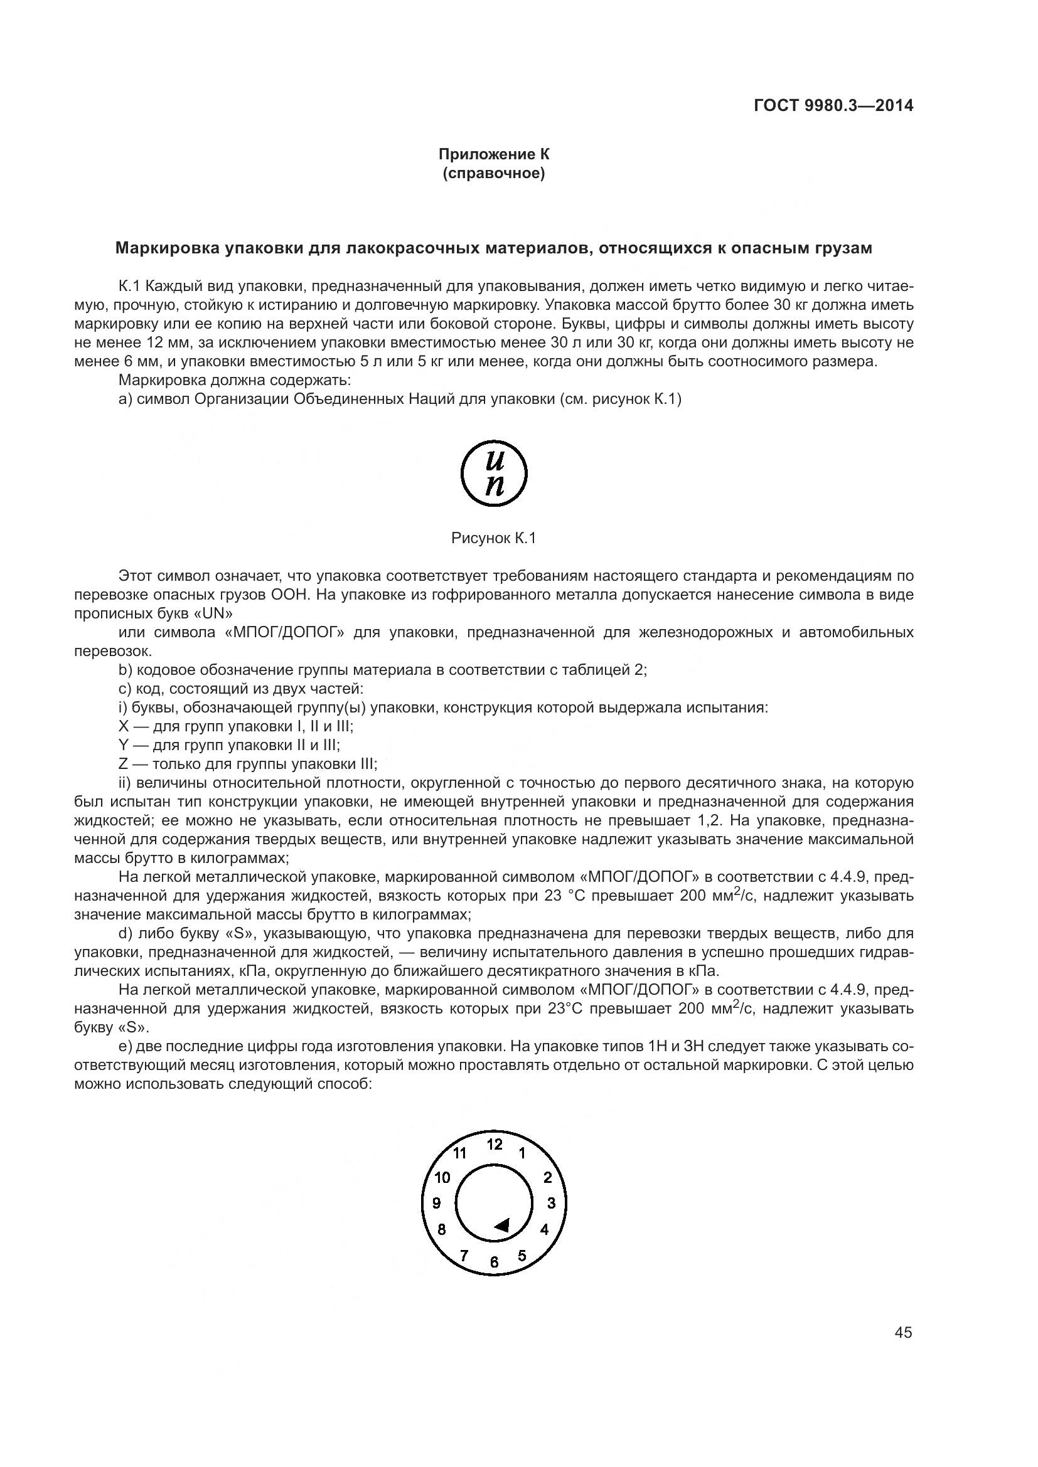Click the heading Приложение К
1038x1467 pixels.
(493, 154)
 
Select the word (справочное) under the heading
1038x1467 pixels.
(493, 173)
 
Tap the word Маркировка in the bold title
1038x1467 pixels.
(168, 248)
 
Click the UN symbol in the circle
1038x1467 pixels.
(494, 474)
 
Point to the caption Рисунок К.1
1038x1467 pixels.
(493, 539)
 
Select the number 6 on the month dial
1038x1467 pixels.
(494, 1262)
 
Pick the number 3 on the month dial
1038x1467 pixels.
(551, 1204)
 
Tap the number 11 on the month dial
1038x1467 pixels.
(460, 1153)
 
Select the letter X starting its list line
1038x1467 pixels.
(124, 726)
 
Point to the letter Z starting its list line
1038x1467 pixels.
(124, 764)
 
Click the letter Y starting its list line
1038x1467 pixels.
(124, 745)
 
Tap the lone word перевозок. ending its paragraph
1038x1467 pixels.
(114, 652)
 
